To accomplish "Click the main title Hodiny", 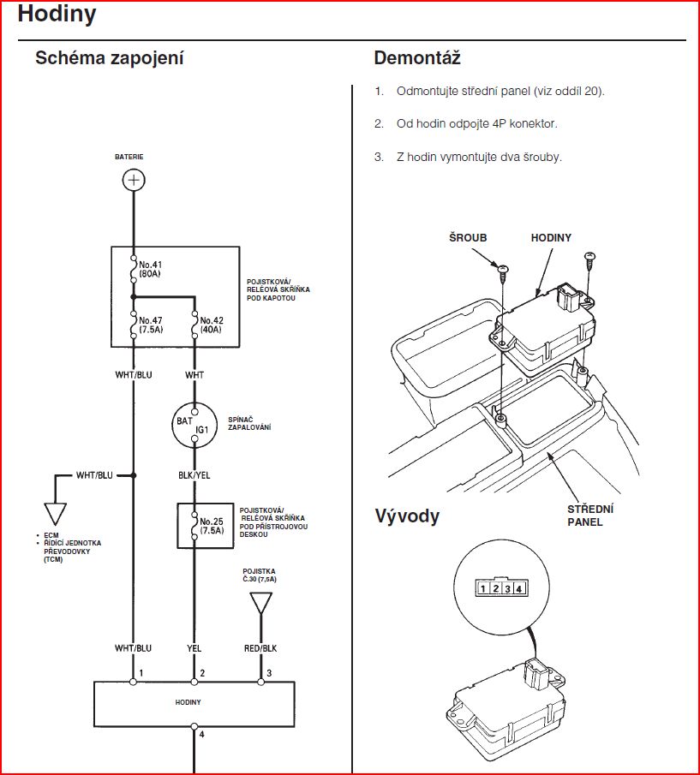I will click(x=57, y=15).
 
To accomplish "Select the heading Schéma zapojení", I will click(x=109, y=59).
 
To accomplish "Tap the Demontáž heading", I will click(x=417, y=59).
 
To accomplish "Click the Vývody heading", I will click(x=407, y=516).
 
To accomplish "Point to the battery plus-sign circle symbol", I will click(x=134, y=180).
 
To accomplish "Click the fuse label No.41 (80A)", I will click(x=152, y=269).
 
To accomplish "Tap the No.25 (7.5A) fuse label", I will click(x=212, y=525).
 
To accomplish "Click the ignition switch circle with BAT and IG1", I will click(x=195, y=424).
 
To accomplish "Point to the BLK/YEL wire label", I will click(x=195, y=474).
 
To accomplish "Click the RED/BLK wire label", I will click(x=260, y=649).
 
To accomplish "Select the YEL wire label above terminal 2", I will click(x=194, y=649).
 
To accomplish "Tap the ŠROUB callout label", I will click(x=468, y=238).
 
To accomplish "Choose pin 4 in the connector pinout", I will click(x=518, y=588).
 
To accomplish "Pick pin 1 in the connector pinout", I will click(x=484, y=588).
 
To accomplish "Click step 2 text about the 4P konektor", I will click(x=476, y=124).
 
